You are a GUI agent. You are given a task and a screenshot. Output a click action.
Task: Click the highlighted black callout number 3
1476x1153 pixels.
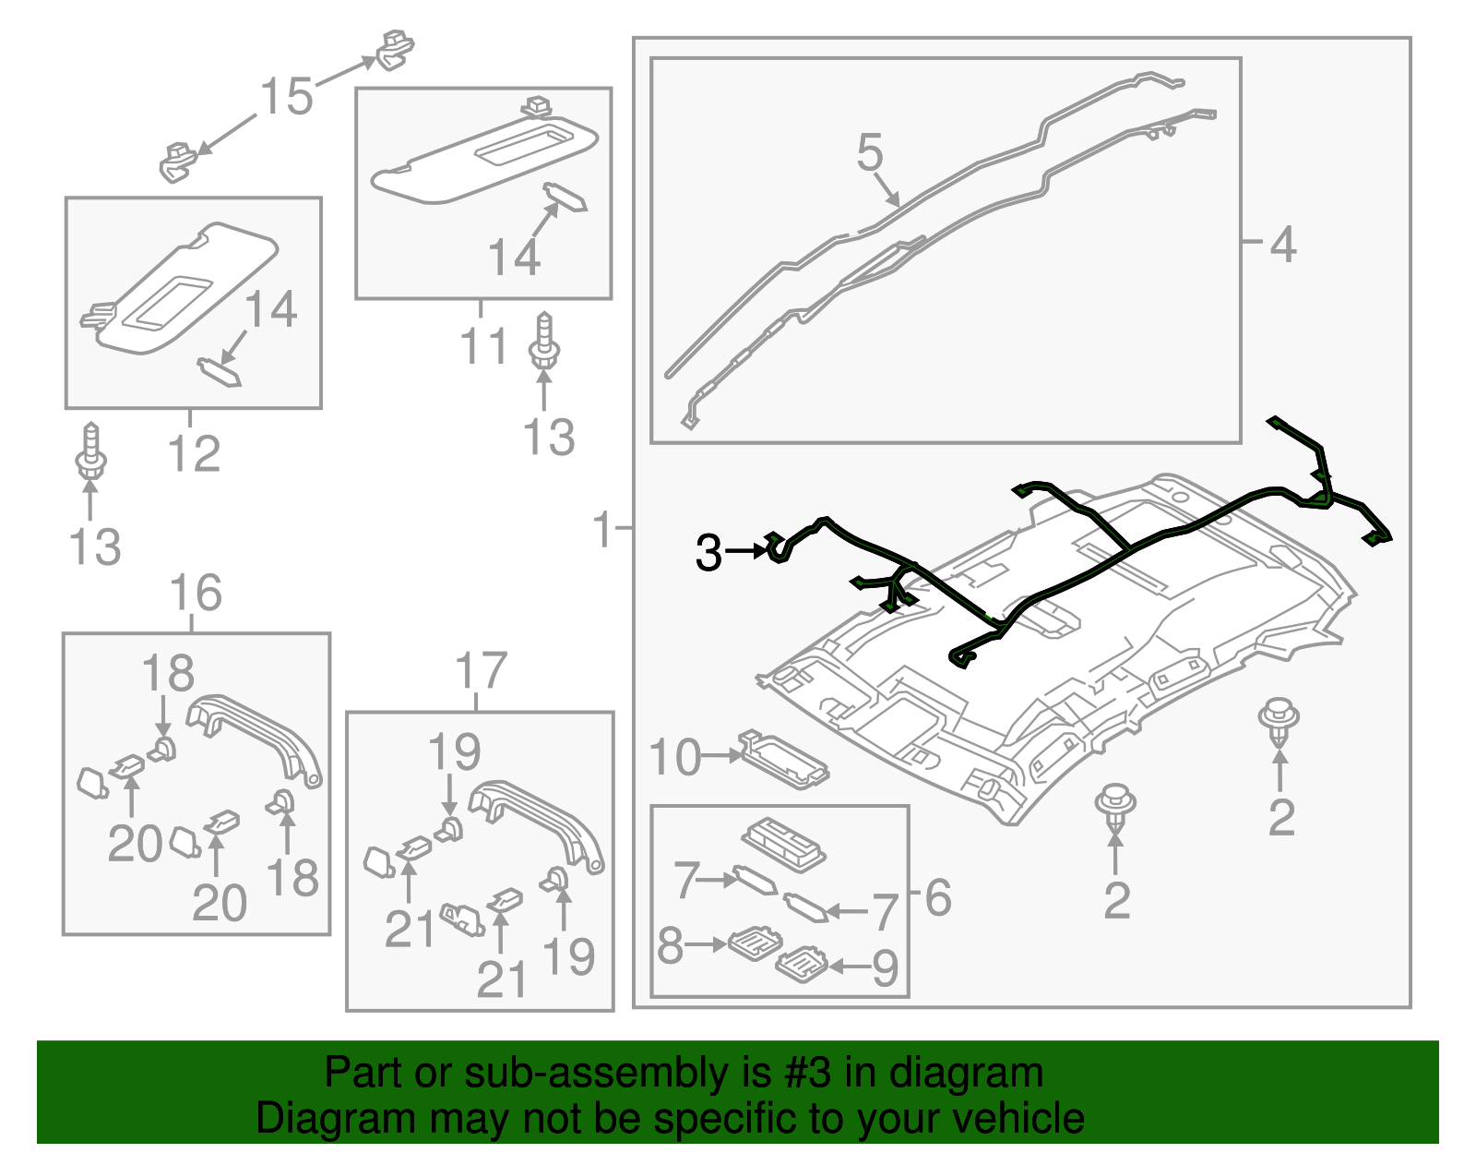pyautogui.click(x=708, y=552)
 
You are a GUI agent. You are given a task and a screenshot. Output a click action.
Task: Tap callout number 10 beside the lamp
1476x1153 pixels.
pyautogui.click(x=675, y=757)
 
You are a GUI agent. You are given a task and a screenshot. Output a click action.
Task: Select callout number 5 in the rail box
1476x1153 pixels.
pyautogui.click(x=869, y=152)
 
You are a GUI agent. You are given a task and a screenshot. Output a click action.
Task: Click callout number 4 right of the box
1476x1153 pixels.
pyautogui.click(x=1282, y=245)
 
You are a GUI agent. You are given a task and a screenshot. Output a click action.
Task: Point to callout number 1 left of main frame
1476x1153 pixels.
pyautogui.click(x=603, y=530)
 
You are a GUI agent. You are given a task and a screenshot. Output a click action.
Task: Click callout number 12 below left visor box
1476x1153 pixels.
pyautogui.click(x=195, y=453)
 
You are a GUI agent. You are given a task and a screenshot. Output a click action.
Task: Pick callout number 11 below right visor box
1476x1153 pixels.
pyautogui.click(x=483, y=346)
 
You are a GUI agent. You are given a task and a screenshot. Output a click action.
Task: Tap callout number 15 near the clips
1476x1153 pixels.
pyautogui.click(x=287, y=97)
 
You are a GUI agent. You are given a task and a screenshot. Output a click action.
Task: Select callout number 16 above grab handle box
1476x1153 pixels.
pyautogui.click(x=196, y=593)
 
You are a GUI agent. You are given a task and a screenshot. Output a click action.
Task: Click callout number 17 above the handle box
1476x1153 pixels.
pyautogui.click(x=482, y=670)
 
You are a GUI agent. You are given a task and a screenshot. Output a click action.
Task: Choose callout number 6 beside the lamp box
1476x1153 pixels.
pyautogui.click(x=937, y=897)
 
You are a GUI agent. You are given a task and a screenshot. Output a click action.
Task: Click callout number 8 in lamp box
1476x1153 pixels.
pyautogui.click(x=671, y=945)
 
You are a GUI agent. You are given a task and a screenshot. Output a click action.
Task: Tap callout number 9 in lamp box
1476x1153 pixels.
pyautogui.click(x=885, y=968)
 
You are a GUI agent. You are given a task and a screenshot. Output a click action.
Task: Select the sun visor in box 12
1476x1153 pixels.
pyautogui.click(x=184, y=286)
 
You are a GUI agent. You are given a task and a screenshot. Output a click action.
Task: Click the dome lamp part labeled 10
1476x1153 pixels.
pyautogui.click(x=784, y=761)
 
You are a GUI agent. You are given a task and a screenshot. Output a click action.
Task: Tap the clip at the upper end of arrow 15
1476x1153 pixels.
pyautogui.click(x=396, y=51)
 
